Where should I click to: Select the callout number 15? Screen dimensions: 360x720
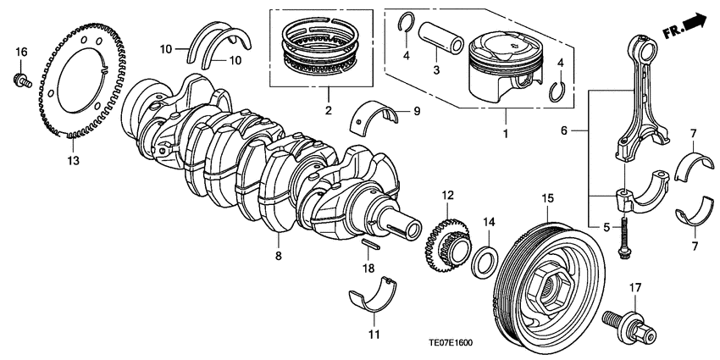pos(547,197)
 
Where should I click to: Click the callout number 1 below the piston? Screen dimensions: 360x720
pos(505,134)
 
